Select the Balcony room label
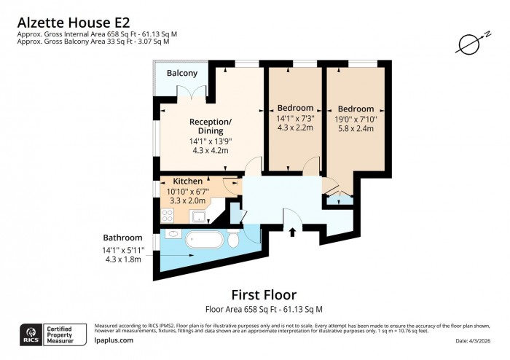click(x=181, y=74)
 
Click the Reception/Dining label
click(x=211, y=126)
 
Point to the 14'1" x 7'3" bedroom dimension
click(x=294, y=119)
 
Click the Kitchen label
click(x=187, y=180)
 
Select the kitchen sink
click(x=197, y=216)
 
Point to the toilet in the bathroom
click(x=233, y=240)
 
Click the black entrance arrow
click(x=292, y=232)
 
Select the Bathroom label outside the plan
click(x=122, y=238)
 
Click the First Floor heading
click(x=264, y=295)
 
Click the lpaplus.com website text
click(x=114, y=340)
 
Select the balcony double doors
click(x=192, y=93)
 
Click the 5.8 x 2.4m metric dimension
click(x=356, y=128)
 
